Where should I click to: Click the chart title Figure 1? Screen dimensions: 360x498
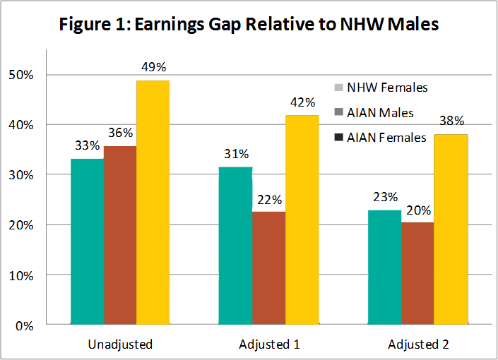point(249,25)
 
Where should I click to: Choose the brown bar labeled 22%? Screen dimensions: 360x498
point(268,268)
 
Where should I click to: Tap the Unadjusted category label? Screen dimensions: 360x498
point(120,345)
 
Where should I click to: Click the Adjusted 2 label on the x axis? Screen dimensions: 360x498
point(417,345)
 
